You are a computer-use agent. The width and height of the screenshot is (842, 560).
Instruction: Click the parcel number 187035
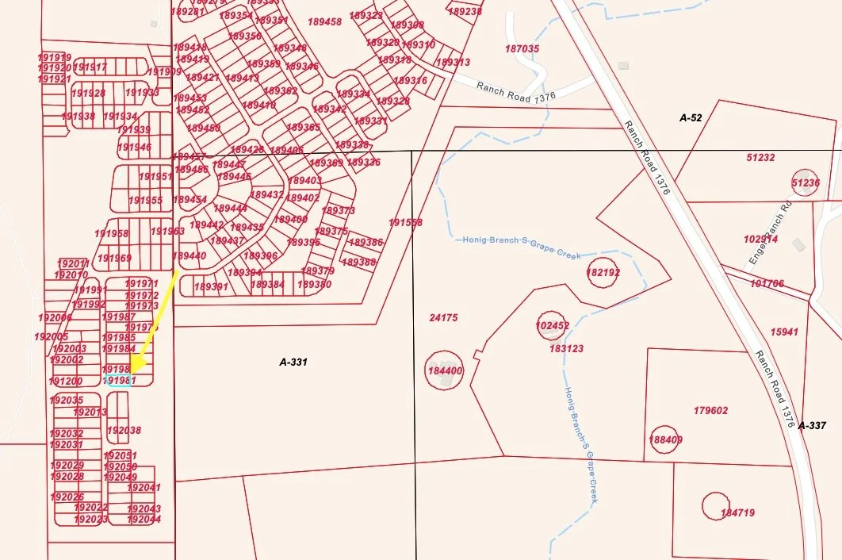(522, 48)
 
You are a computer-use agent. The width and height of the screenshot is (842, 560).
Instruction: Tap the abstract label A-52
(691, 117)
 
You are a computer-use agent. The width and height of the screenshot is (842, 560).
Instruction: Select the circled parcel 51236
(805, 182)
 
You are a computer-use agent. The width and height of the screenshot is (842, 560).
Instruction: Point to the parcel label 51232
(760, 158)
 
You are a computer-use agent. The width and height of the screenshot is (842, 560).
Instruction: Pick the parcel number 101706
(767, 283)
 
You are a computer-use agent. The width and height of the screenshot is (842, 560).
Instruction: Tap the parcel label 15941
(784, 332)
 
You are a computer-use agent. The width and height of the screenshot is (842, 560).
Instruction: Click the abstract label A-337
(812, 426)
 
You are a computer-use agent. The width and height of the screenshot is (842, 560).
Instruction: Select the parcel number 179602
(710, 411)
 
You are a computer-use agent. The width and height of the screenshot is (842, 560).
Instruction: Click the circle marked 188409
(665, 439)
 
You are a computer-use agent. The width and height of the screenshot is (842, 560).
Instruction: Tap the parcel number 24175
(443, 318)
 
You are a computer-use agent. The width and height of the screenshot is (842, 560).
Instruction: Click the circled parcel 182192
(603, 272)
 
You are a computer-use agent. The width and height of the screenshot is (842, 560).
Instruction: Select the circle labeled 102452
(553, 325)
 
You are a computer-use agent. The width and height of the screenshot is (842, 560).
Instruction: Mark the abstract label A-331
(293, 362)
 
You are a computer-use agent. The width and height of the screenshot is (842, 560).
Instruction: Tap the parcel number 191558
(405, 223)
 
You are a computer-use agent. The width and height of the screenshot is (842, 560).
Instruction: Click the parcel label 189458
(324, 21)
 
